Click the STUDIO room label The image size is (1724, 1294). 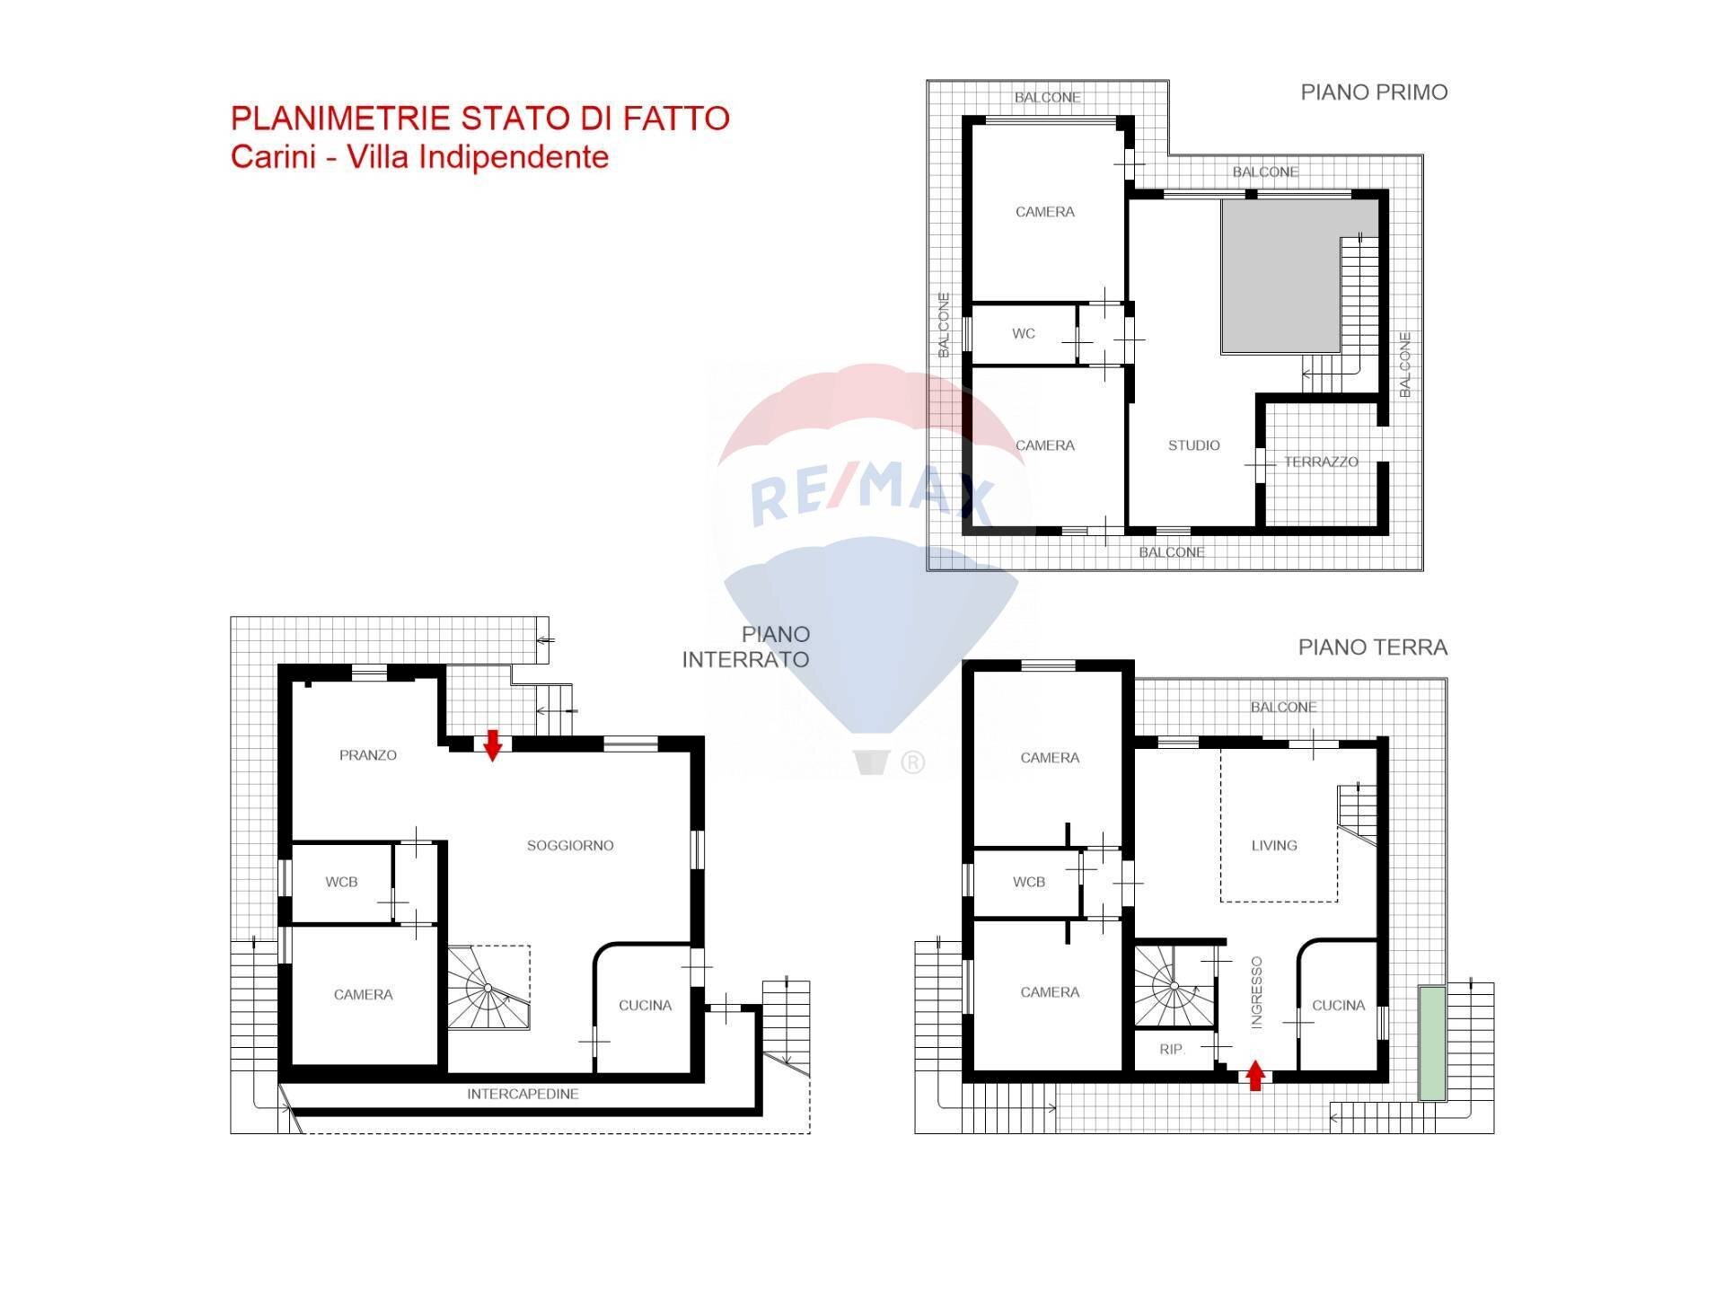[x=1193, y=445]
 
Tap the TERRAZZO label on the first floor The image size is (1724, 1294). [x=1321, y=462]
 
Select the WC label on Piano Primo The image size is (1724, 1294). [x=1024, y=333]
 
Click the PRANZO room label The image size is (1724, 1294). [x=368, y=755]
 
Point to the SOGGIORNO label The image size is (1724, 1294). [x=570, y=845]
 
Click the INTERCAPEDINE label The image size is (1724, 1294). [x=523, y=1094]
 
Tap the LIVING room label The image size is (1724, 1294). [x=1274, y=845]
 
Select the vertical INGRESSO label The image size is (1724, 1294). [x=1256, y=992]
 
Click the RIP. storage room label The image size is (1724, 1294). [x=1172, y=1049]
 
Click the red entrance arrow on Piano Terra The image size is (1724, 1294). [x=1255, y=1075]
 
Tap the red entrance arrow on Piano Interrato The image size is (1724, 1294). [x=492, y=744]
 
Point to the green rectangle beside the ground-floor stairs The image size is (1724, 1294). [x=1432, y=1043]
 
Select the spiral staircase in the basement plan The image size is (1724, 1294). [x=487, y=988]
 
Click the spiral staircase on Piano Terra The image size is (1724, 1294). [x=1173, y=986]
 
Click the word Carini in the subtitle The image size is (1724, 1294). [x=273, y=157]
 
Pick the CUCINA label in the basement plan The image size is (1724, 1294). [x=645, y=1006]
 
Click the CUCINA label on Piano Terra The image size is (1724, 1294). [x=1338, y=1006]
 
